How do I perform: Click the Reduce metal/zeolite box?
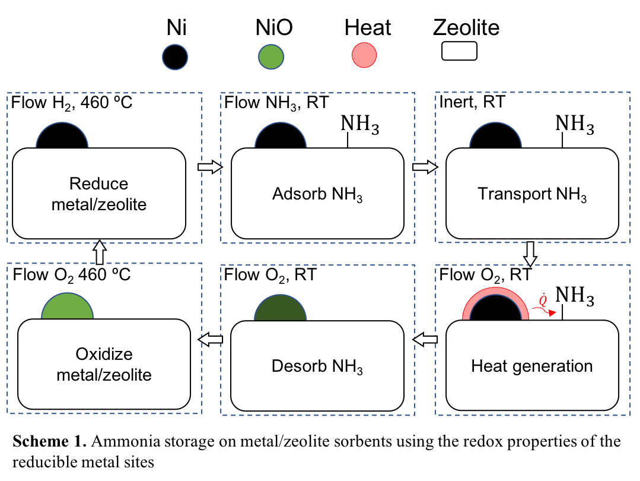coord(99,194)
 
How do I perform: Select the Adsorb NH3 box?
coord(317,194)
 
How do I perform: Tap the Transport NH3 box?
coord(532,194)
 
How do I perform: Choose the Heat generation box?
coord(532,365)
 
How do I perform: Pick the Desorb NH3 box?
coord(317,365)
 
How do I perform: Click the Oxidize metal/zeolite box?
coord(104,364)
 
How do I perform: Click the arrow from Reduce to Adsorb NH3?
coord(209,167)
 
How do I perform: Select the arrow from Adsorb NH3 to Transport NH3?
coord(424,167)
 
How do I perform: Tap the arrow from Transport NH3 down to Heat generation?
coord(530,253)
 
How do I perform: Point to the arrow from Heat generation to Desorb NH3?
coord(425,340)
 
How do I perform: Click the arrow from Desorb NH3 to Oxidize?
coord(211,340)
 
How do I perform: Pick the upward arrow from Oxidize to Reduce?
coord(100,252)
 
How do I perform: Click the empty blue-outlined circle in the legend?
coord(175,58)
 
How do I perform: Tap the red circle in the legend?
coord(364,55)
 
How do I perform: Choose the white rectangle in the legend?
coord(459,51)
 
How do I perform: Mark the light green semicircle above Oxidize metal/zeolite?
coord(68,306)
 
